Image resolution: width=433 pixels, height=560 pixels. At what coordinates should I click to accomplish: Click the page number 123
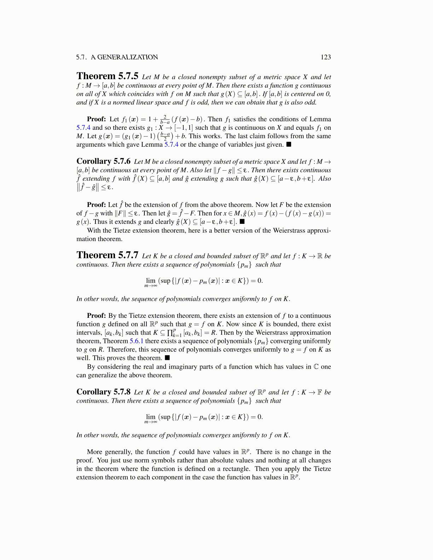[x=325, y=57]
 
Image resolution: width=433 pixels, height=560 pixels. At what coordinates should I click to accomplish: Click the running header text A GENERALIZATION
[x=124, y=57]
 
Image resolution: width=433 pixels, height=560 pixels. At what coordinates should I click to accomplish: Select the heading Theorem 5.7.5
[x=107, y=76]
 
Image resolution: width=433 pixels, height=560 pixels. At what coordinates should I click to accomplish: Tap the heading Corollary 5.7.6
[x=103, y=161]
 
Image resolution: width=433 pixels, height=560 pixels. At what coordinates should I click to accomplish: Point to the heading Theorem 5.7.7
[x=107, y=255]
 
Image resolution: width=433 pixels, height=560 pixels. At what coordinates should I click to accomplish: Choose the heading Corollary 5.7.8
[x=103, y=392]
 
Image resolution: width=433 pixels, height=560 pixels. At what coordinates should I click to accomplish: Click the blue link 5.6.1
[x=137, y=341]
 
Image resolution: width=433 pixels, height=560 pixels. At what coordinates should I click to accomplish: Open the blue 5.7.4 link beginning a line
[x=83, y=128]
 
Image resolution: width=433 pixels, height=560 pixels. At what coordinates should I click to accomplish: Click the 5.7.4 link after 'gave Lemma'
[x=171, y=145]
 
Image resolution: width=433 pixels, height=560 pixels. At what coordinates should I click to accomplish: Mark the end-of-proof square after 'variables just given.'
[x=289, y=145]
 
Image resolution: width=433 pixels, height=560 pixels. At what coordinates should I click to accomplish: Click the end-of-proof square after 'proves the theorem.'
[x=167, y=358]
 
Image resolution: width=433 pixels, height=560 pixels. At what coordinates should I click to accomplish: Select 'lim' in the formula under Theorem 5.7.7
[x=151, y=281]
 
